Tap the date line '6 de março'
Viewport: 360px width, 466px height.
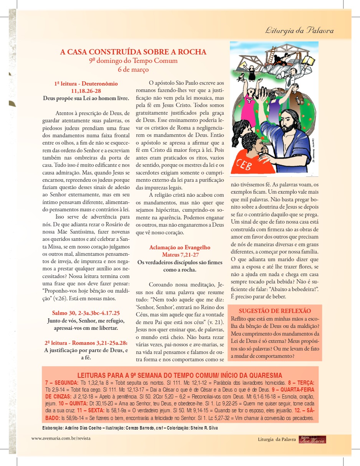coord(133,69)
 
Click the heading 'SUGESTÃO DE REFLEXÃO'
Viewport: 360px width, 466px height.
coord(275,311)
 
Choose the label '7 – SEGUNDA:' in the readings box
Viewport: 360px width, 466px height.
coord(62,383)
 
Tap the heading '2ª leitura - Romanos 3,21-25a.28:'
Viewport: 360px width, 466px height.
coord(86,343)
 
